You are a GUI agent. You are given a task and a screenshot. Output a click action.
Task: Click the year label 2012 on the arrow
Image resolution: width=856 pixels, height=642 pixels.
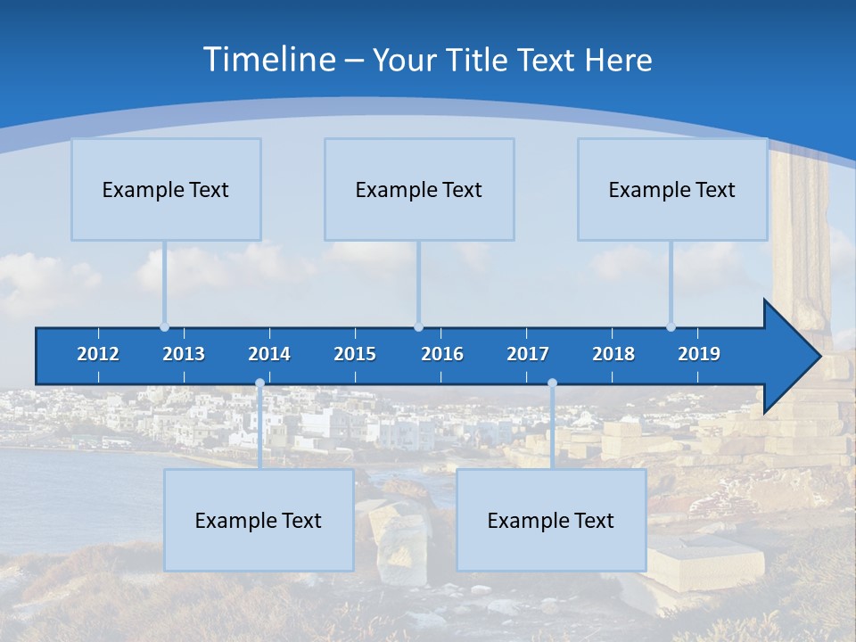[98, 354]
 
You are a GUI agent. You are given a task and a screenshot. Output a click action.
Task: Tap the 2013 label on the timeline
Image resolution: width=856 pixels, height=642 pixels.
[184, 354]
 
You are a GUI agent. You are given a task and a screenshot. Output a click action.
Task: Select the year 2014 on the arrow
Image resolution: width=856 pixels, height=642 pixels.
[269, 354]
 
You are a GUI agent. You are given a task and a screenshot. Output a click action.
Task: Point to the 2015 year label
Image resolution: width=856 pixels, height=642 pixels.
[355, 354]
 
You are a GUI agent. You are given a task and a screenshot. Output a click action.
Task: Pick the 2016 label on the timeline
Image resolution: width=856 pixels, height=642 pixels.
[442, 354]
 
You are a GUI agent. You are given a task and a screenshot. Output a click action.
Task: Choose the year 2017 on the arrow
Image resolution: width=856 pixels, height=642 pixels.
[528, 354]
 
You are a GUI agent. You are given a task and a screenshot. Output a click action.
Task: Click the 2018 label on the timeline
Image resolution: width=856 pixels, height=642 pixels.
[613, 354]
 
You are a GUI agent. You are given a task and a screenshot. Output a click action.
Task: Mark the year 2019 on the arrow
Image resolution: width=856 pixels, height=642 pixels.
[699, 354]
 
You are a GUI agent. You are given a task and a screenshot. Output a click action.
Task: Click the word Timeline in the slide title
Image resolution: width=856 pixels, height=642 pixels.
[268, 60]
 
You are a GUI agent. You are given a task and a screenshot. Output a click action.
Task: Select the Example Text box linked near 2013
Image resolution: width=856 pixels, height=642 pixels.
[166, 189]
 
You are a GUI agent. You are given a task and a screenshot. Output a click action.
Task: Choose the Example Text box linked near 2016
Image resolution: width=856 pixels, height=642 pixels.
[419, 189]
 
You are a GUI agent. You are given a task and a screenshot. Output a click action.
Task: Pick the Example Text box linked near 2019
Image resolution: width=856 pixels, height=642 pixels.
[672, 189]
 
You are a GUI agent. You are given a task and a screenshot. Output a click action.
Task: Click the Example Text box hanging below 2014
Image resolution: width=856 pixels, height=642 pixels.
[259, 520]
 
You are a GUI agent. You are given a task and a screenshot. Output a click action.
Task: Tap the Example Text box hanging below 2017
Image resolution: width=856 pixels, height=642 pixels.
[551, 520]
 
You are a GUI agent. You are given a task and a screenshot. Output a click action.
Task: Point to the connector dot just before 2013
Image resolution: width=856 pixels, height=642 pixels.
[164, 326]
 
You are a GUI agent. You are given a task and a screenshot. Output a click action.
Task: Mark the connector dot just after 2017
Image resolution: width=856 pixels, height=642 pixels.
[552, 383]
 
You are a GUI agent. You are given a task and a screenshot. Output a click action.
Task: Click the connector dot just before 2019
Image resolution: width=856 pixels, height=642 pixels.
[671, 326]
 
